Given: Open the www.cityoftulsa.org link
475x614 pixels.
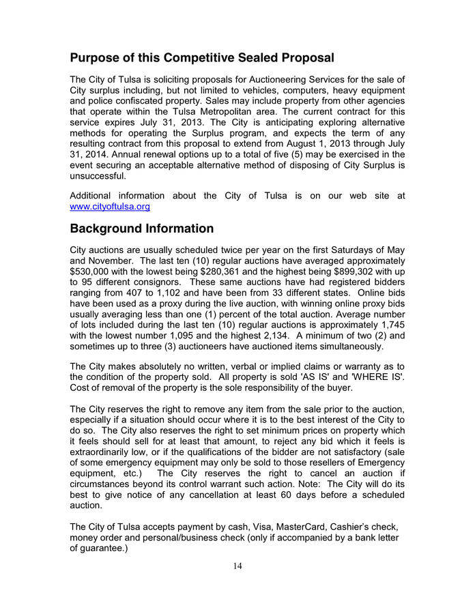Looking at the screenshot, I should (110, 206).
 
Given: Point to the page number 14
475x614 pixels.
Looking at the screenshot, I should (237, 566).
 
